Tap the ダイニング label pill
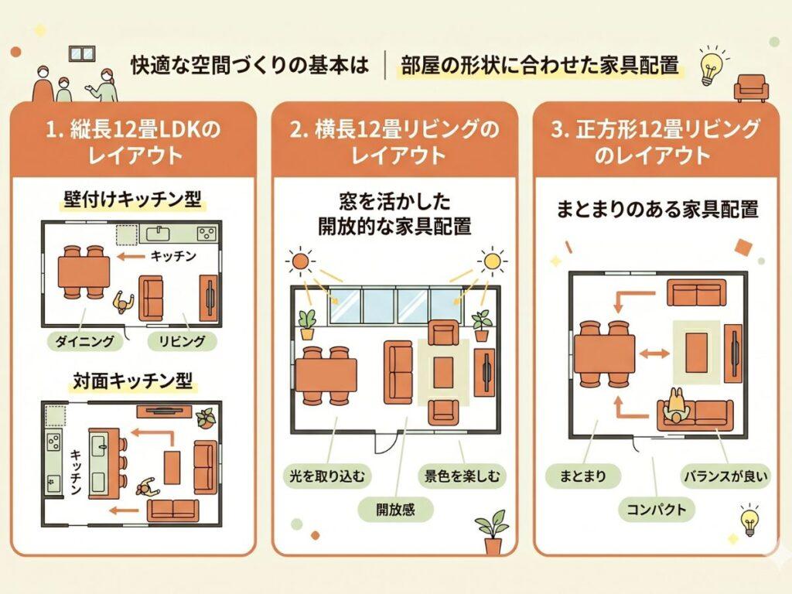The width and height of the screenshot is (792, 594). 80,340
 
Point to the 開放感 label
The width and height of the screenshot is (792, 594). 395,508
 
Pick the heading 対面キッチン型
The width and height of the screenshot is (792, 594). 131,381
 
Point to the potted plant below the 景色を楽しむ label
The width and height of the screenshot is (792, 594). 492,531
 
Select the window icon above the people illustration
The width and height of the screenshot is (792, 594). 80,54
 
